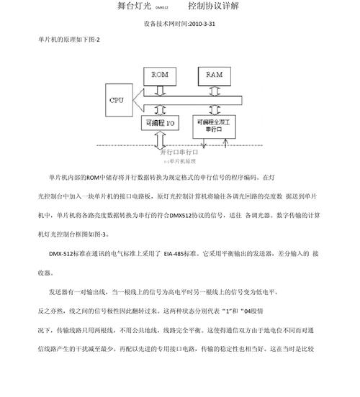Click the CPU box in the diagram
117,100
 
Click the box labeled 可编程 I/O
158,123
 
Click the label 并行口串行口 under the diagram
179,152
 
